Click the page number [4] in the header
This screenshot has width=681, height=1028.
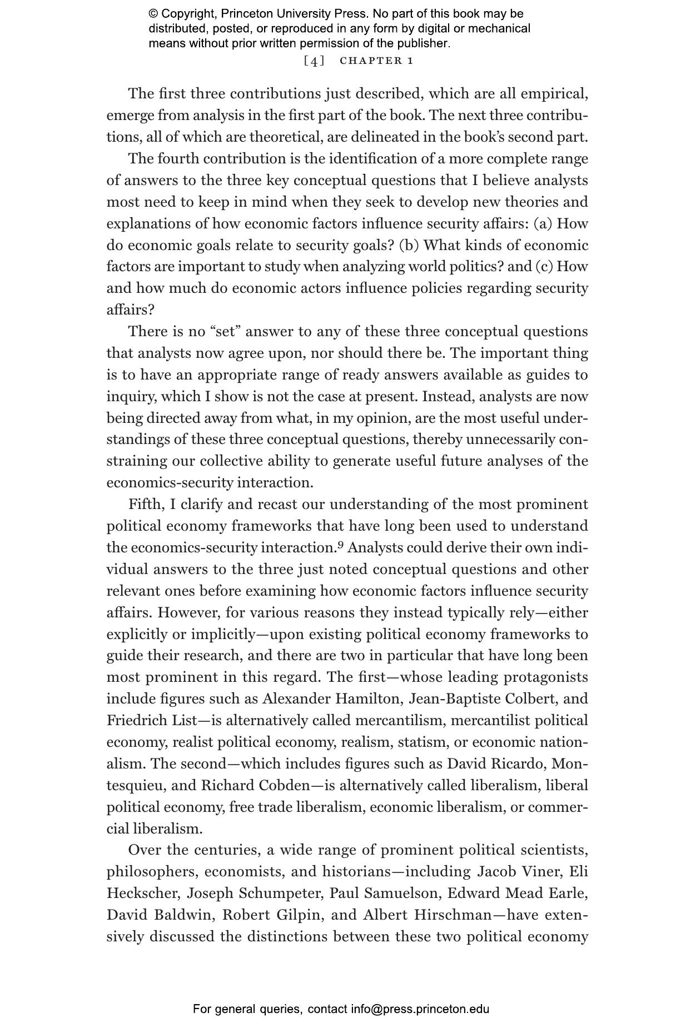click(x=314, y=61)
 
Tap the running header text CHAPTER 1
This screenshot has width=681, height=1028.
click(x=376, y=61)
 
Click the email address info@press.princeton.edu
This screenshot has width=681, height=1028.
click(x=420, y=1009)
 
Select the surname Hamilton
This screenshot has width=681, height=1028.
click(x=366, y=698)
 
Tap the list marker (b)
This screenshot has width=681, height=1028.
click(x=409, y=245)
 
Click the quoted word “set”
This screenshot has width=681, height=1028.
click(x=225, y=331)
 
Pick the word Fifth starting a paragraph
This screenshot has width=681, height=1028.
click(x=147, y=504)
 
